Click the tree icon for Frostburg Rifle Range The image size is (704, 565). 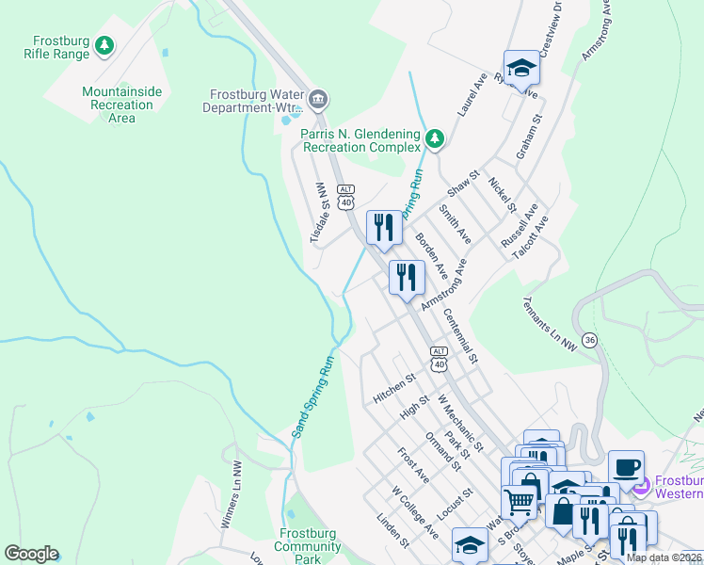105,44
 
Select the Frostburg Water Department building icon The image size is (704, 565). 318,99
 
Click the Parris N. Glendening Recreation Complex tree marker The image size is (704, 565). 434,139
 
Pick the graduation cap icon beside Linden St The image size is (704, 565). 470,545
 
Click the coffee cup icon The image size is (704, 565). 626,467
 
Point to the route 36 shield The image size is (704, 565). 589,340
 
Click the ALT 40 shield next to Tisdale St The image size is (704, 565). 346,196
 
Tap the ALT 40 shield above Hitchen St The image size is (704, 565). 439,357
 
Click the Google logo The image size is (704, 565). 31,554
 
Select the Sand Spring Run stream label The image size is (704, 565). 313,396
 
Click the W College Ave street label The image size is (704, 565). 416,512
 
